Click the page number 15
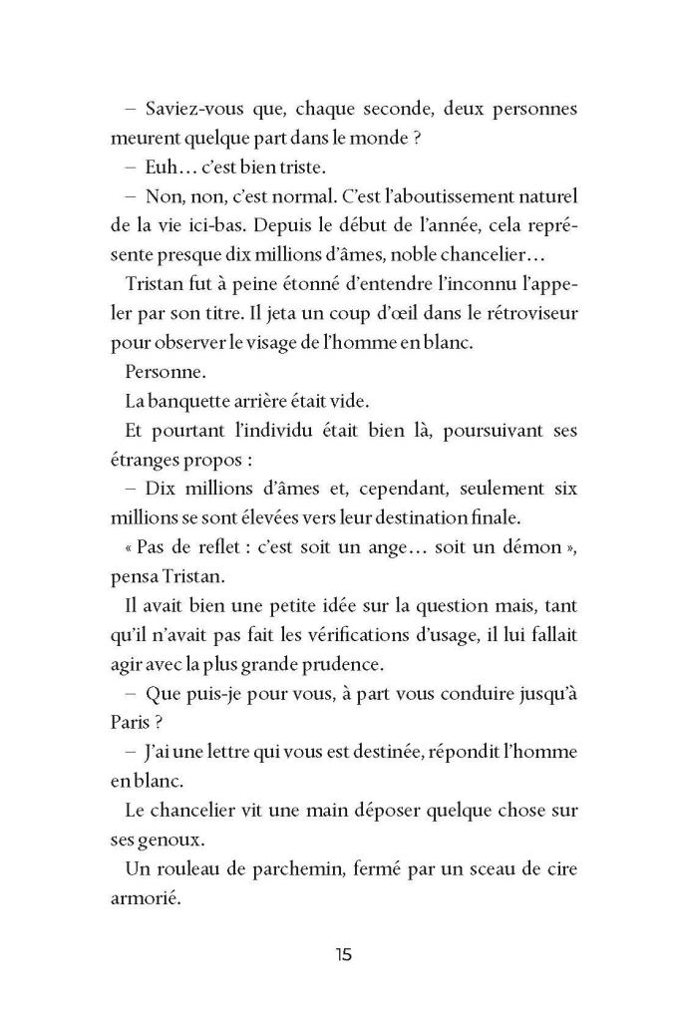click(343, 954)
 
